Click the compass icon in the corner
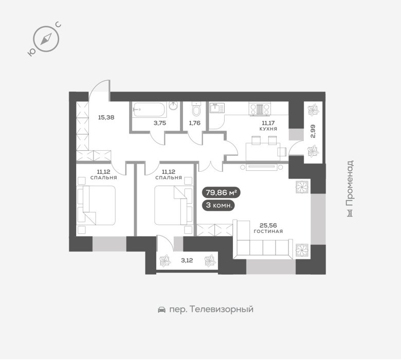click(x=46, y=40)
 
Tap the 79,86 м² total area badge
click(x=221, y=193)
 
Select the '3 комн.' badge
click(x=218, y=205)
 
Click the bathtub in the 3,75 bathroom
click(x=150, y=110)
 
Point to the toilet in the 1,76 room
click(x=196, y=109)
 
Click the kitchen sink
click(x=217, y=108)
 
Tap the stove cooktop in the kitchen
click(x=260, y=109)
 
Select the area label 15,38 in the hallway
click(x=106, y=118)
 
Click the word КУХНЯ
click(x=268, y=129)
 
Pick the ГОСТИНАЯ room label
click(x=268, y=231)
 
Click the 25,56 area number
click(x=268, y=225)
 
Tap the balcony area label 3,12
click(x=187, y=261)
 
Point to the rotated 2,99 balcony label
click(x=313, y=131)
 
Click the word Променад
click(x=350, y=183)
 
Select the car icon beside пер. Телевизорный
click(x=161, y=310)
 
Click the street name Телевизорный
click(x=222, y=309)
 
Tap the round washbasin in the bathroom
click(x=174, y=105)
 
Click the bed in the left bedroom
click(x=96, y=206)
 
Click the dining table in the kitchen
click(x=263, y=152)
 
